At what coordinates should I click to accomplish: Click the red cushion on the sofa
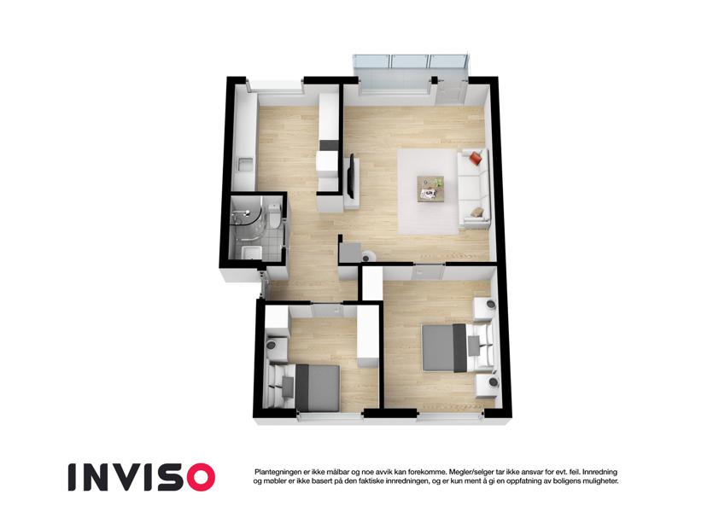[x=476, y=159]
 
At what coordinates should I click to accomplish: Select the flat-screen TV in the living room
[x=352, y=177]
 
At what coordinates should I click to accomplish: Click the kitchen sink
[x=245, y=164]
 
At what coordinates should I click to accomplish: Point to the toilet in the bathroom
[x=273, y=215]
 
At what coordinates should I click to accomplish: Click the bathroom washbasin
[x=251, y=253]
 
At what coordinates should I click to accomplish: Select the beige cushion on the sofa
[x=477, y=212]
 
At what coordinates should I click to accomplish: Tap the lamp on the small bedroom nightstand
[x=272, y=345]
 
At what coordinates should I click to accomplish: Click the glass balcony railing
[x=411, y=61]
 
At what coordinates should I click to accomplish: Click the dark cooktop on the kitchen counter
[x=329, y=145]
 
